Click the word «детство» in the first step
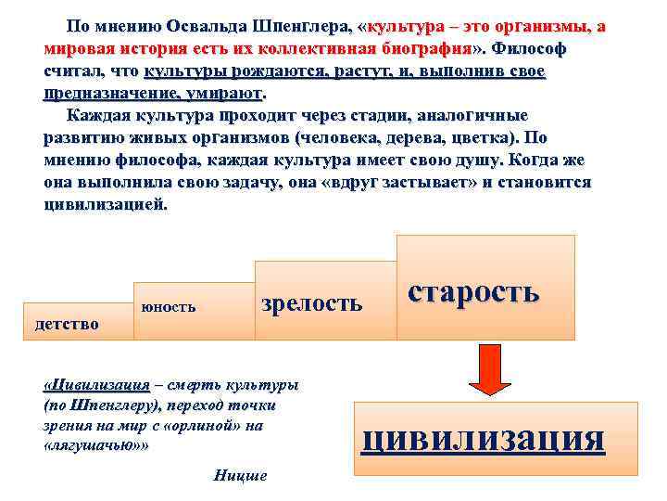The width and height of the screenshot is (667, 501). coord(67,324)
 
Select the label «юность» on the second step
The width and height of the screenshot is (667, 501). coord(168,305)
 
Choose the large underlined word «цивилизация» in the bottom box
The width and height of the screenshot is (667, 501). coord(483,436)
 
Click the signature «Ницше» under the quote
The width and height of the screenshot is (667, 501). coord(240,476)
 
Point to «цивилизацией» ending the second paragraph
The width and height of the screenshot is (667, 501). coord(105,204)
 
